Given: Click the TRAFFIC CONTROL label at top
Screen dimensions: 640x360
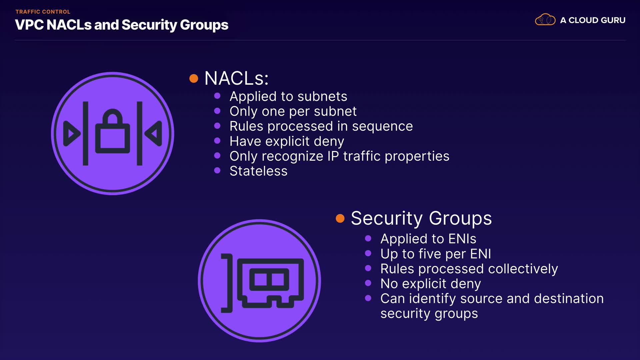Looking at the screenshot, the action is [43, 12].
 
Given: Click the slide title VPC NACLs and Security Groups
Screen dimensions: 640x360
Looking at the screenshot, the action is [122, 25].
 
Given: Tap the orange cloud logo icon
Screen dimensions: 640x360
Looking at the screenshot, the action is [545, 20].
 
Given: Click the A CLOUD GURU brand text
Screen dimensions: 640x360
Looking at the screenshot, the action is [593, 20].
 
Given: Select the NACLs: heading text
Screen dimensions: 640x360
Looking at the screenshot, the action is [236, 78].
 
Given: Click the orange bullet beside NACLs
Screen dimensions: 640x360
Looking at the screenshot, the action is [194, 79].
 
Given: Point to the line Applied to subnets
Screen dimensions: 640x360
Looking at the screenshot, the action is [288, 96].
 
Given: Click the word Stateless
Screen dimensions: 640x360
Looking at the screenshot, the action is [258, 171].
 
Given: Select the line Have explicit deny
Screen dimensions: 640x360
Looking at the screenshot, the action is [287, 141].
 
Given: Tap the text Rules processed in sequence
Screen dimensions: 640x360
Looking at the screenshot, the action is [321, 126].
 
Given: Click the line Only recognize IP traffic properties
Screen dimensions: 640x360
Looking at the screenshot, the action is [339, 156].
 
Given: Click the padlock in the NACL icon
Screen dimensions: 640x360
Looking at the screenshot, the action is [113, 131].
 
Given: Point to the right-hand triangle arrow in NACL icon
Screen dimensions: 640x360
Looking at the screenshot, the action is [153, 134].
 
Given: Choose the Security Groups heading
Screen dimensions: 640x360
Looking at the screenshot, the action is [421, 219].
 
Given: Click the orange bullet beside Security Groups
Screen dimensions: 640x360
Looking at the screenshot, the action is [340, 218].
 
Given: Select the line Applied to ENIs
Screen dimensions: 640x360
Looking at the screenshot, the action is [428, 239].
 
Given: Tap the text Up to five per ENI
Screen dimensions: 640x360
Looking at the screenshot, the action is [436, 254].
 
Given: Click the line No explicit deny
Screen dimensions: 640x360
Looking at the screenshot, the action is [431, 284].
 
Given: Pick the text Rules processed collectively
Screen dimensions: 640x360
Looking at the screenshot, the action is [469, 269].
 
